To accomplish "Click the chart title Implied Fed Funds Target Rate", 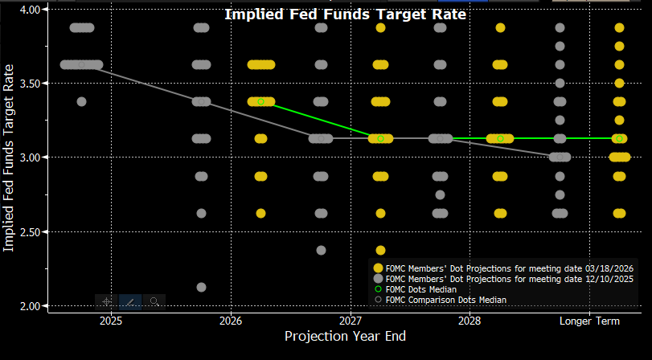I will (345, 14).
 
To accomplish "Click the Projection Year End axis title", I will (345, 336).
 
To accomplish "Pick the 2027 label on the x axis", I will (351, 319).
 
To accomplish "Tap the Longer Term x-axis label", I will (590, 319).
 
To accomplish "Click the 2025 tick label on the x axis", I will (111, 319).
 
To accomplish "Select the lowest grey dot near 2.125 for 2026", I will (201, 287).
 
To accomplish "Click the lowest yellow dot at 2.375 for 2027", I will (380, 250).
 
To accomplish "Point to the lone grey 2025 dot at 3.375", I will (81, 101).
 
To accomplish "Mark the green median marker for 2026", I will (260, 102).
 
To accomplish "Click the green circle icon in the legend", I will (379, 288).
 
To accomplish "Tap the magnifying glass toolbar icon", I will (154, 301).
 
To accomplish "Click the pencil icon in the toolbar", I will (130, 301).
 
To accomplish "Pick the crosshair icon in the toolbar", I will (106, 301).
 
